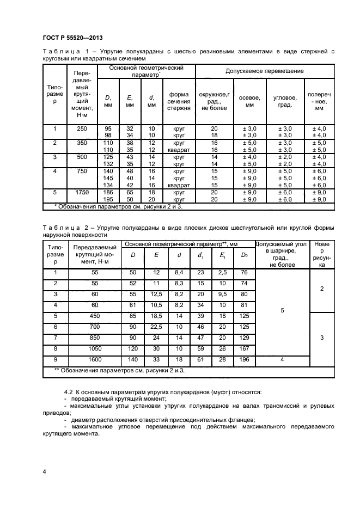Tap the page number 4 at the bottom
44,470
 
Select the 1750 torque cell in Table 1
82,193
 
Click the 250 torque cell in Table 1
82,128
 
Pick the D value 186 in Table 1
108,193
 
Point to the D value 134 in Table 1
108,185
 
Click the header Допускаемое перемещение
265,71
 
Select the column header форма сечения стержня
179,101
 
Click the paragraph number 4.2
70,392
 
